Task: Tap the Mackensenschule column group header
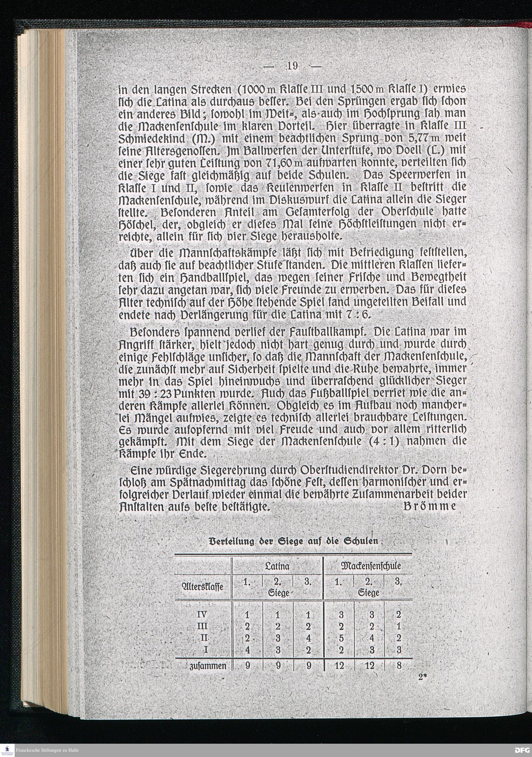(x=368, y=566)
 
